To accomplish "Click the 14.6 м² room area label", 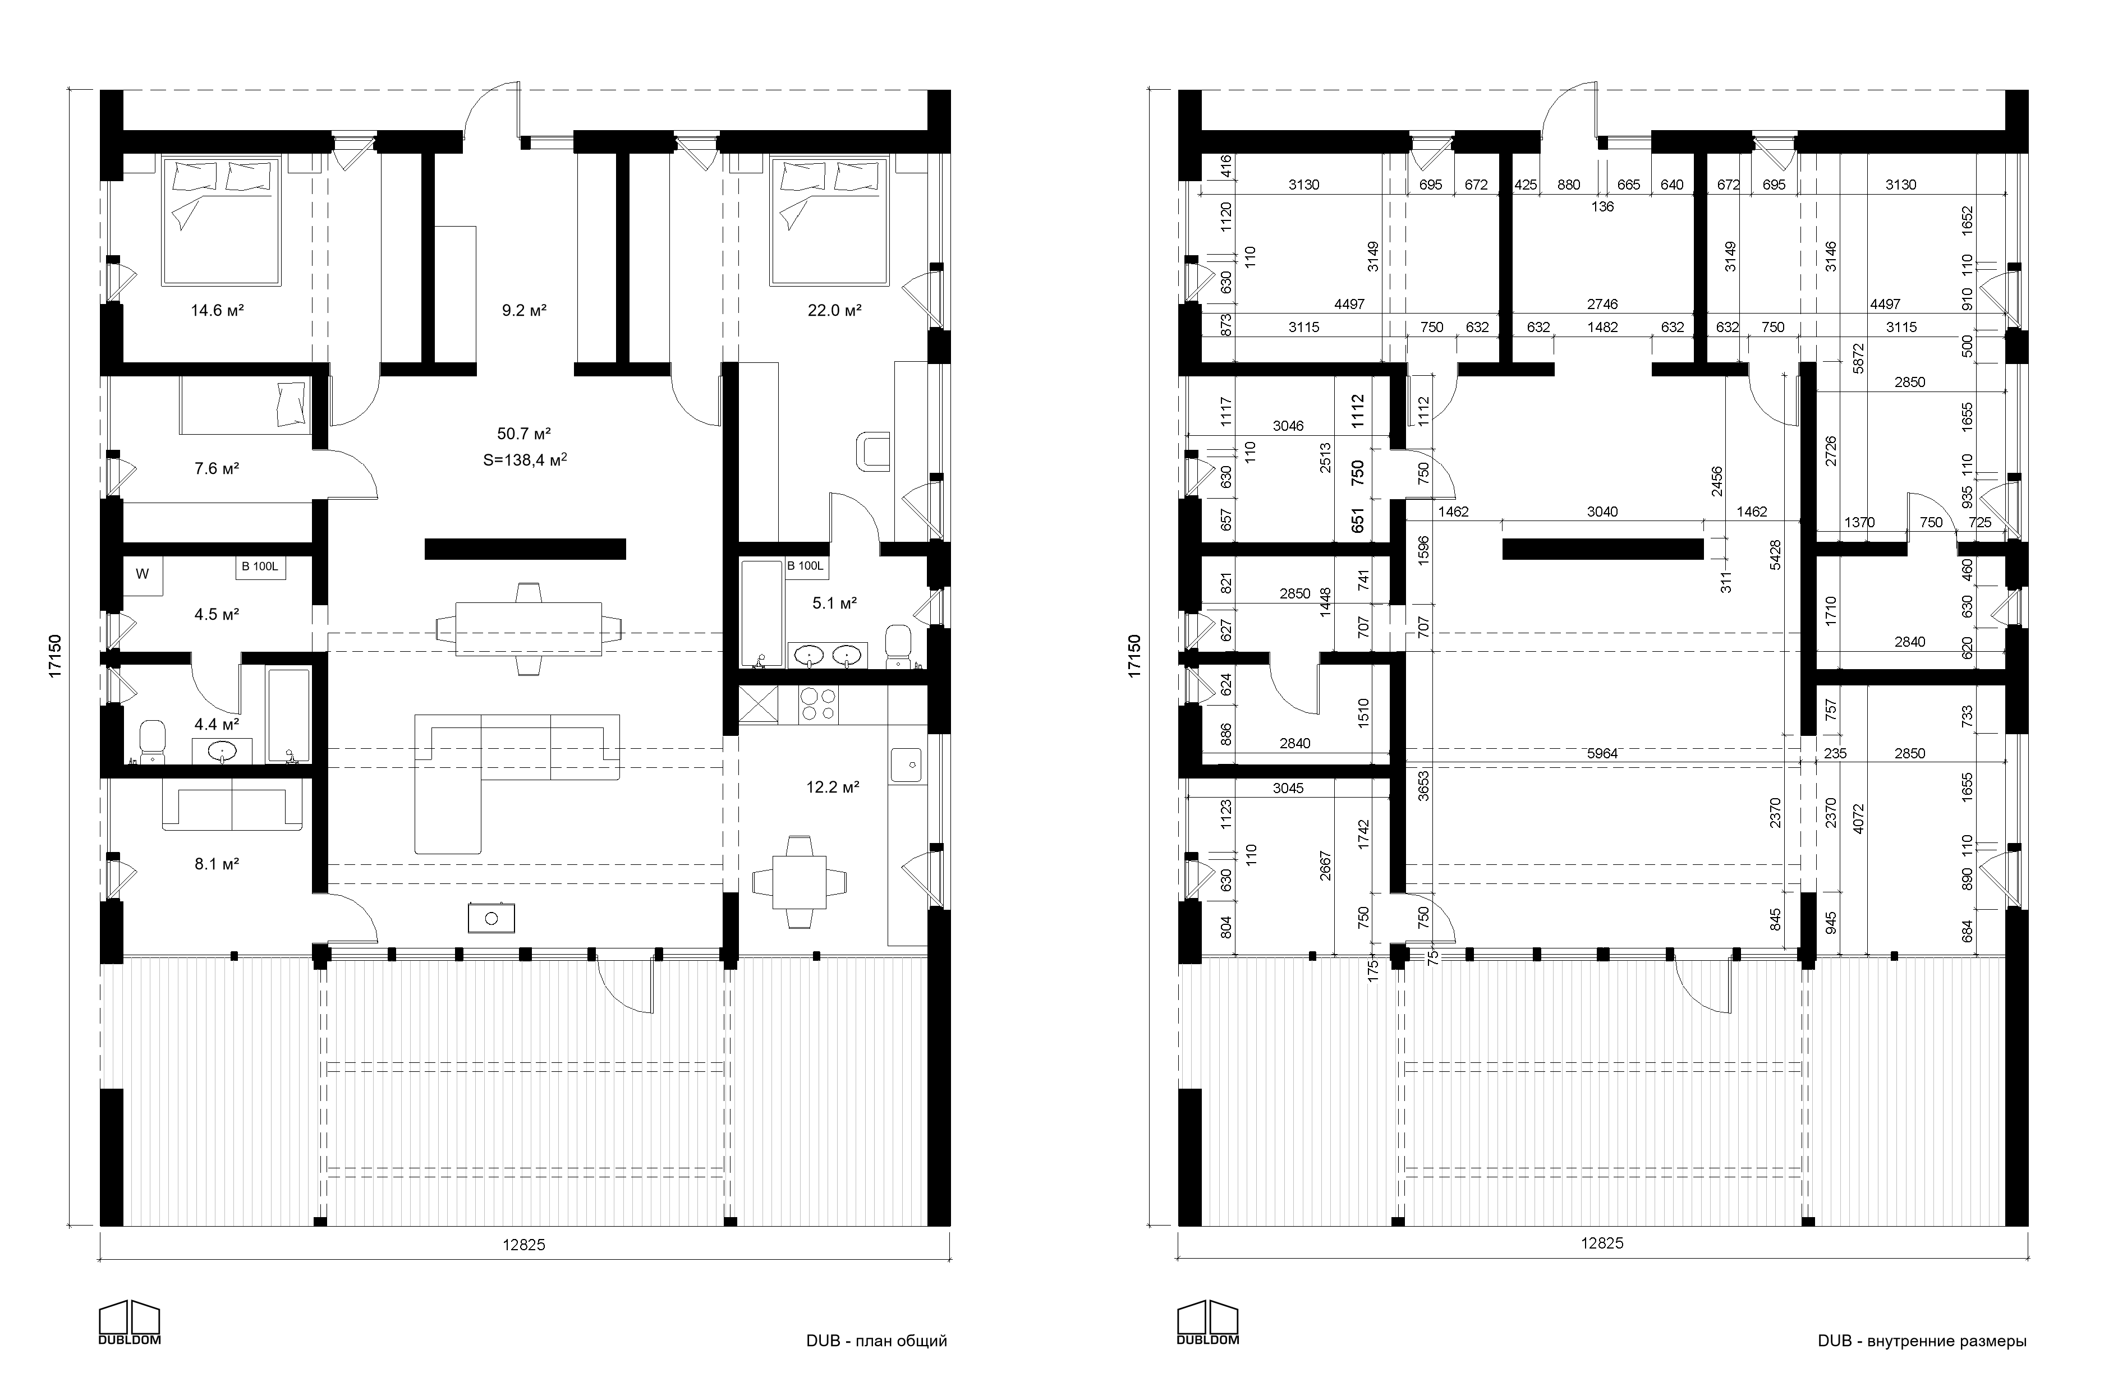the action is (217, 311).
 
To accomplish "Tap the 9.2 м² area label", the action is (523, 311).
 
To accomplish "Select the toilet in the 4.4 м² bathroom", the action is (154, 743).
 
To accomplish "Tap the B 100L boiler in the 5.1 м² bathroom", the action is (805, 565).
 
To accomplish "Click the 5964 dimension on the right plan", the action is (1602, 754).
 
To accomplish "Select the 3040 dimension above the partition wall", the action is (1602, 512).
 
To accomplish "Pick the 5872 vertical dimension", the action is (1858, 357).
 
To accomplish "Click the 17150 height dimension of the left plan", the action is (56, 657).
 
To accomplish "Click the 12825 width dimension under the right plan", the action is (1602, 1243).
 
